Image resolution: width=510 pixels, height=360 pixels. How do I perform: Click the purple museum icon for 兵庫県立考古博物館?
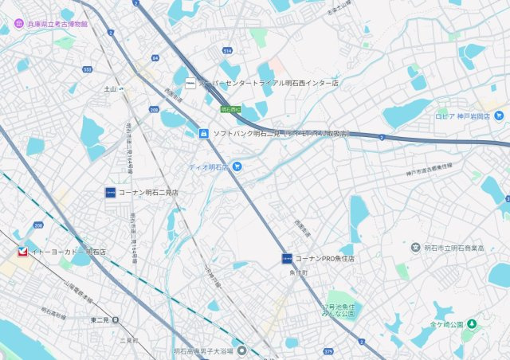click(x=19, y=25)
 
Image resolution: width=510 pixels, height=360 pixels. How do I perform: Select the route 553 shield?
click(x=87, y=69)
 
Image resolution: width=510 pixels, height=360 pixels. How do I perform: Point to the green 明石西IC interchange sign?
click(x=228, y=108)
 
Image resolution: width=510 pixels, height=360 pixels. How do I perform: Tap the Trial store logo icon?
click(x=190, y=82)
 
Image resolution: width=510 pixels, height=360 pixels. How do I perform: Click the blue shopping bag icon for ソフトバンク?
click(x=204, y=133)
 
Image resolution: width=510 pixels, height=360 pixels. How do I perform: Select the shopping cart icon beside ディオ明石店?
click(x=237, y=166)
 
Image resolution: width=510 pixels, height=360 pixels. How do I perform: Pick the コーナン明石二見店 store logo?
click(x=110, y=192)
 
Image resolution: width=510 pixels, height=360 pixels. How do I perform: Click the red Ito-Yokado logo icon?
click(x=22, y=252)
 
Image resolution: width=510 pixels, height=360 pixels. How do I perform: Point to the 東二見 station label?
click(x=100, y=319)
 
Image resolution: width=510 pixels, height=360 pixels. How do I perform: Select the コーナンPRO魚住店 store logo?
click(x=287, y=258)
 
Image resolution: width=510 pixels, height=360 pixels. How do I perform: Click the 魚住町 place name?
click(x=300, y=272)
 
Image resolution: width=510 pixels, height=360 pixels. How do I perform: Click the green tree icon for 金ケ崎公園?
click(x=471, y=324)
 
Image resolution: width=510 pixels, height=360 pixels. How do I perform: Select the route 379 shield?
click(x=328, y=350)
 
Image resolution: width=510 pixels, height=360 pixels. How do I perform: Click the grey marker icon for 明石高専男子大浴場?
click(x=241, y=350)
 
